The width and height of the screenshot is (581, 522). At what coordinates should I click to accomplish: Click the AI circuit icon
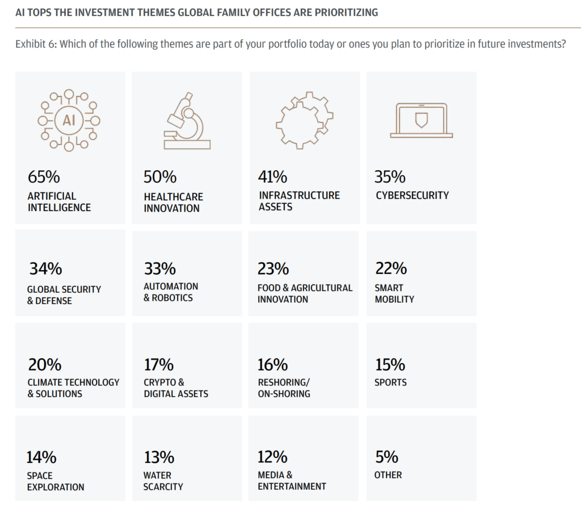[69, 120]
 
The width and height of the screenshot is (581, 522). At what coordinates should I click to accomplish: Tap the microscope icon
[187, 121]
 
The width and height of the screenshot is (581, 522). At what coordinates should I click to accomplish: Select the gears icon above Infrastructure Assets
[303, 120]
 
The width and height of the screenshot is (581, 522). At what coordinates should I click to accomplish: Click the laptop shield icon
[421, 120]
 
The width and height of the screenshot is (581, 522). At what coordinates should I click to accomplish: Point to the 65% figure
[44, 176]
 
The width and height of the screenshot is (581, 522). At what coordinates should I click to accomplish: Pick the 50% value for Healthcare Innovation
[160, 177]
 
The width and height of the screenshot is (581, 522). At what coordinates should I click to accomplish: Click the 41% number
[273, 176]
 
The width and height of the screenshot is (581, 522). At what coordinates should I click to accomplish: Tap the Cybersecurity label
[412, 195]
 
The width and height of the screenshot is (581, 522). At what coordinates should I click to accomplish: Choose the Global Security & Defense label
[64, 295]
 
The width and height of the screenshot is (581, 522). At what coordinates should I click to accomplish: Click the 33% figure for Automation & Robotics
[159, 268]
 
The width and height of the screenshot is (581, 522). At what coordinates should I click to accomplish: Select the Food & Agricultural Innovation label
[305, 293]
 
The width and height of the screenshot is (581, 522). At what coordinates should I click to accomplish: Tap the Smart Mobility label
[394, 293]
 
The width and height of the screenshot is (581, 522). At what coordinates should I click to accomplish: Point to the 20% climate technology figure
[45, 364]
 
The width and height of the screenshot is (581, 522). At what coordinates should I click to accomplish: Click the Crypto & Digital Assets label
[176, 388]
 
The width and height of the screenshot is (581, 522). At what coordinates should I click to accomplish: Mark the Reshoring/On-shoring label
[284, 388]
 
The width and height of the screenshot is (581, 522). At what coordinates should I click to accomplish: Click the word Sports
[390, 382]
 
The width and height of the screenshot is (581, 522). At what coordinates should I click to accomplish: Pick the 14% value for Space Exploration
[41, 457]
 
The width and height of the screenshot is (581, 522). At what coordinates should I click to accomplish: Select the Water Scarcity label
[163, 481]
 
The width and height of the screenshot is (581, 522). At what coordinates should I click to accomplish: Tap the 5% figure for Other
[387, 457]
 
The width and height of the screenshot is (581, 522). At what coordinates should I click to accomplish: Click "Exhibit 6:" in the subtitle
[35, 44]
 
